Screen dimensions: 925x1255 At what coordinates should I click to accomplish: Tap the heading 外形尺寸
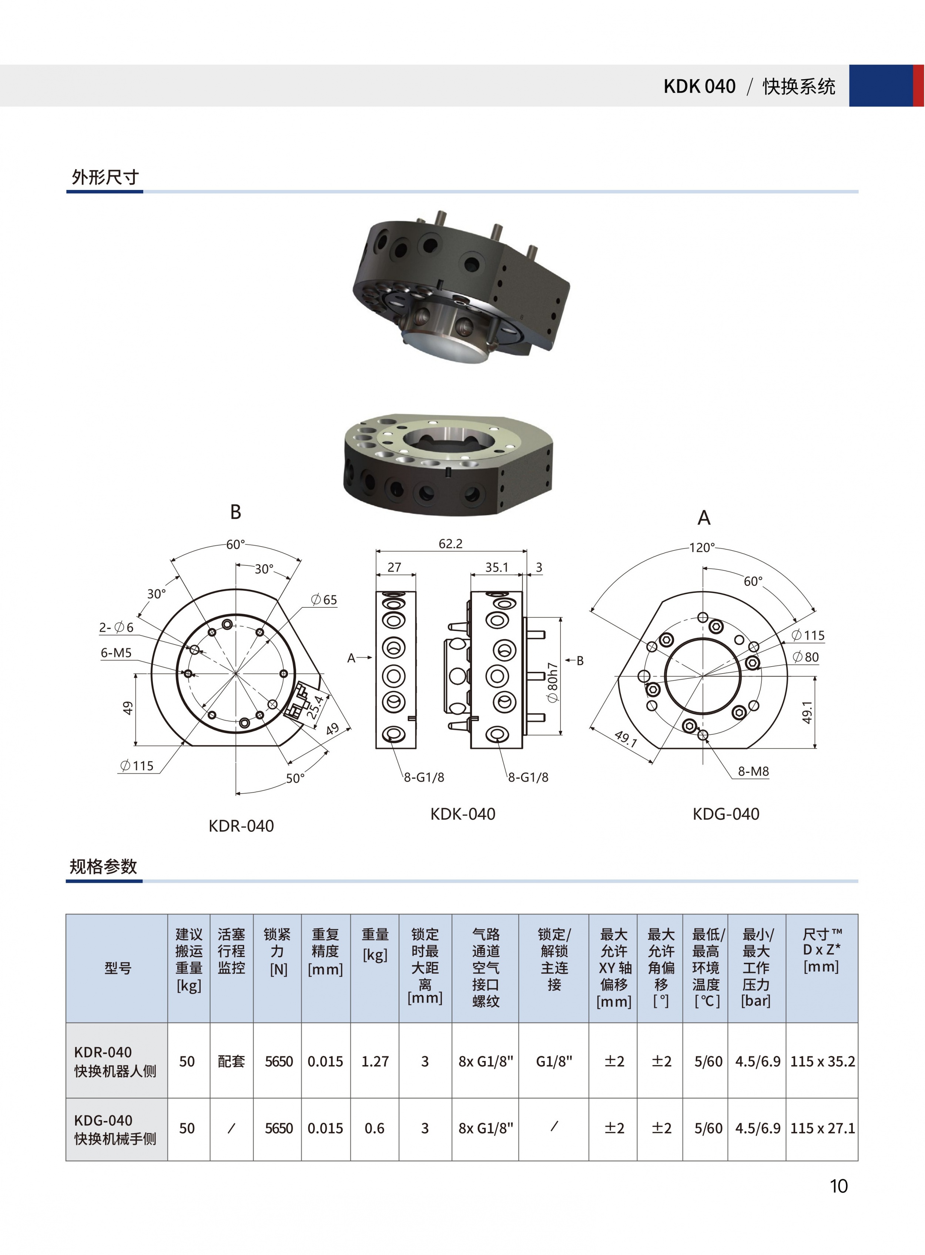point(105,177)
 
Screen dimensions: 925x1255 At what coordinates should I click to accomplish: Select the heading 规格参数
point(103,866)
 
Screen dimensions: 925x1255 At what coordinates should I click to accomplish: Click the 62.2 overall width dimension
point(451,544)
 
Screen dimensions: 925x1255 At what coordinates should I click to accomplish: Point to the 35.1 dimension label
point(497,567)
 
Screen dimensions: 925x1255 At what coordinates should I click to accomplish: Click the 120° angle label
point(702,547)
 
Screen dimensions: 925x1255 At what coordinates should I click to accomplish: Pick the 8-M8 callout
point(753,771)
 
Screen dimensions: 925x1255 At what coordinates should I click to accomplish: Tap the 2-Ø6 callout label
point(117,627)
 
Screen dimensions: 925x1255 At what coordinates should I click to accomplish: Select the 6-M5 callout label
point(116,652)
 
